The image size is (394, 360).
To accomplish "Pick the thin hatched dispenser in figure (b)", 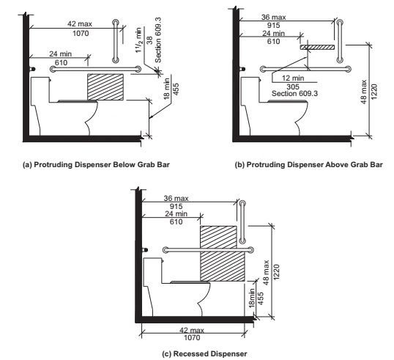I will pyautogui.click(x=318, y=46).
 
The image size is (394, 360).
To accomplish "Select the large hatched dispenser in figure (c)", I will pyautogui.click(x=221, y=253).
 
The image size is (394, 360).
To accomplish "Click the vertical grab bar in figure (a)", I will pyautogui.click(x=114, y=40).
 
